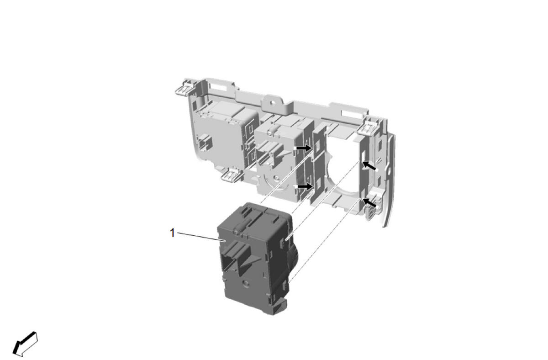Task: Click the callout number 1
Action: point(173,233)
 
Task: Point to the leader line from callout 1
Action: point(201,237)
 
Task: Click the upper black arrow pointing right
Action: point(304,148)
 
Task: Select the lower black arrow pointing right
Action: point(306,186)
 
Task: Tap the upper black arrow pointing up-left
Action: point(369,166)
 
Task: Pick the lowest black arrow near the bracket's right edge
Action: point(369,202)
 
